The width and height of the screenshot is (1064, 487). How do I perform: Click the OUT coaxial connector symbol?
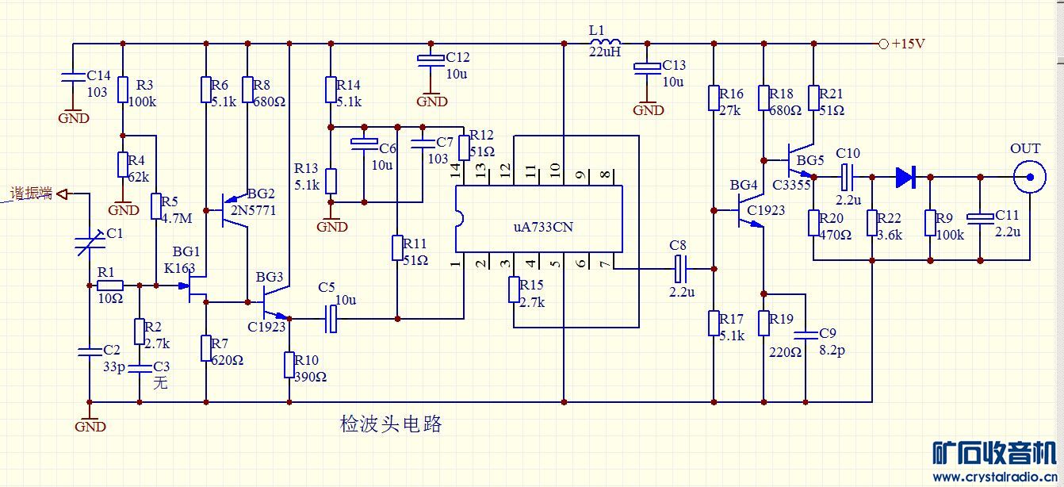[x=1030, y=178]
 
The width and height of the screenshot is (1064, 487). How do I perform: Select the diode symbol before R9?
[x=905, y=177]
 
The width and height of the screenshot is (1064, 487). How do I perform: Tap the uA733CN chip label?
[x=543, y=227]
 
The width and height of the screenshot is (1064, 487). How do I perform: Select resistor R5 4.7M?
[x=156, y=205]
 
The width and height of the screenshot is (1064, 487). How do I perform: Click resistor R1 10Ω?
[x=110, y=285]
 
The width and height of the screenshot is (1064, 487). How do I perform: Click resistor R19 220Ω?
[x=764, y=323]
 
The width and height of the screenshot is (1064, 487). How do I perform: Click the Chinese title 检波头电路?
[x=391, y=424]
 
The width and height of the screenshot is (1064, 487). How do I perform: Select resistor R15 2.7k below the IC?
[x=513, y=290]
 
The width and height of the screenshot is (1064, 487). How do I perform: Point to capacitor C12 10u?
[x=431, y=60]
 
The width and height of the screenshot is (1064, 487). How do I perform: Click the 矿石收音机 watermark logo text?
[x=993, y=453]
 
